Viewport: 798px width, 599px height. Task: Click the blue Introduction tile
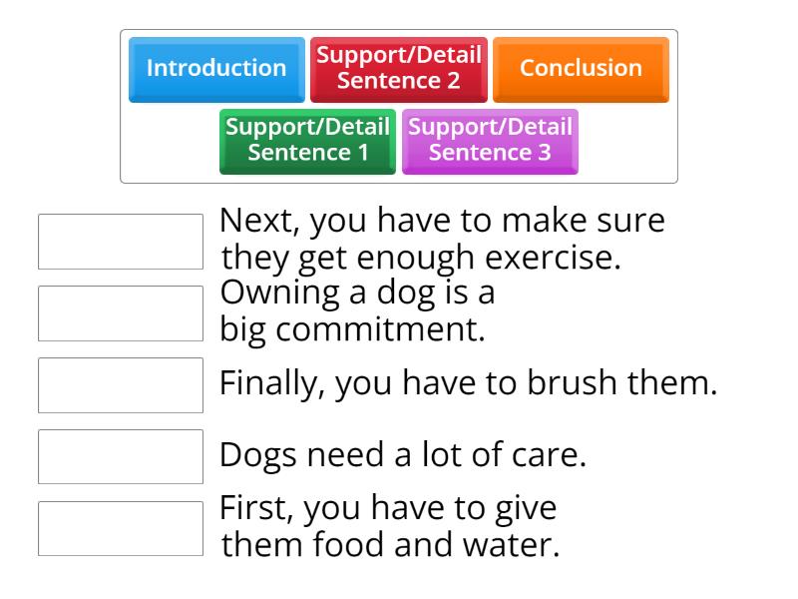216,69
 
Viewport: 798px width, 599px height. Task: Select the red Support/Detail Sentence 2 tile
399,69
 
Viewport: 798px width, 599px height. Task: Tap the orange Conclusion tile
581,69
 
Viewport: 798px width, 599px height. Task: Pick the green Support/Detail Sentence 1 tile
307,141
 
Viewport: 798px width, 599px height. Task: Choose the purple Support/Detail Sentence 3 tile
490,141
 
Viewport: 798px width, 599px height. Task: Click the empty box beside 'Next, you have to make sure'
121,242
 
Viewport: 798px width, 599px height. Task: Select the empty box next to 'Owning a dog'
121,313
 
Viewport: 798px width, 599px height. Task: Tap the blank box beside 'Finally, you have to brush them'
121,385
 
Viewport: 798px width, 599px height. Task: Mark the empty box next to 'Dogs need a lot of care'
121,456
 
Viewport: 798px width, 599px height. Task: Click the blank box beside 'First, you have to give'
121,528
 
